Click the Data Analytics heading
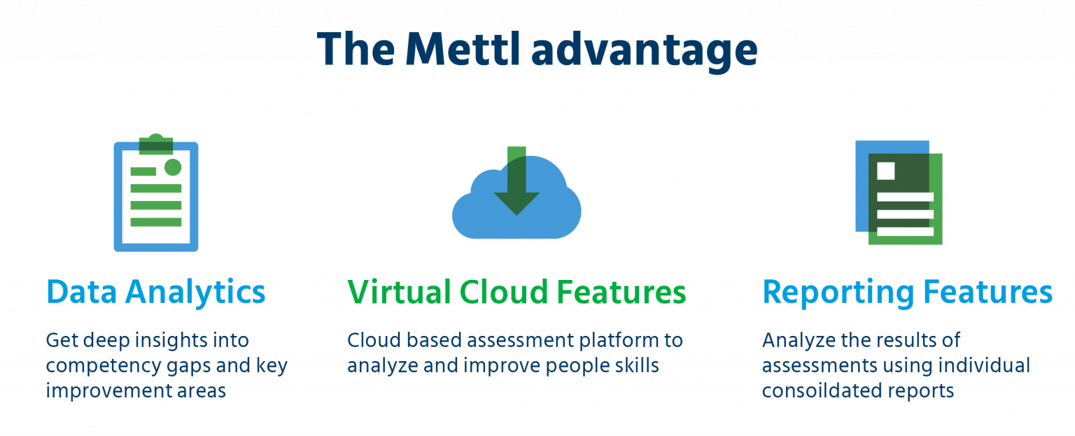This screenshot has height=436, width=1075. [155, 292]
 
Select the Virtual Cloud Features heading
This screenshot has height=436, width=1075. [517, 292]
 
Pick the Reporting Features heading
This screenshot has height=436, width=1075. [907, 292]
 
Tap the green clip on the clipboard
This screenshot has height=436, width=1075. [156, 145]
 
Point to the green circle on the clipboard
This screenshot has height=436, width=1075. [172, 167]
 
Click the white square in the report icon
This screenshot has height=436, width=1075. [886, 171]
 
